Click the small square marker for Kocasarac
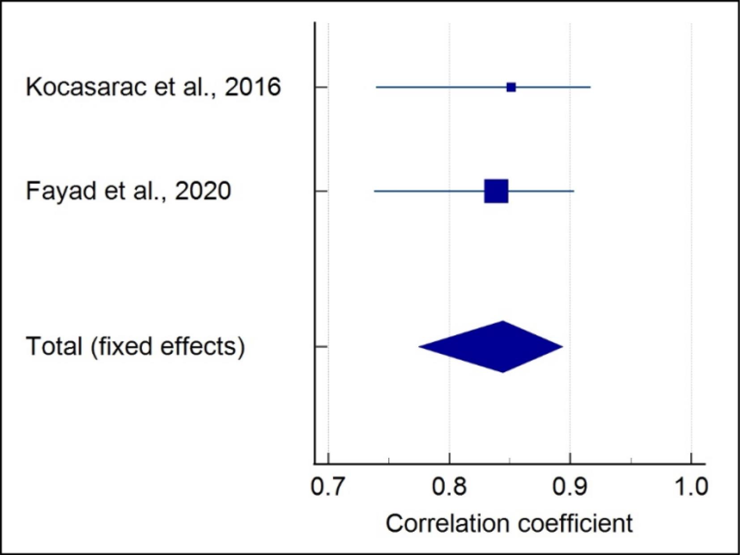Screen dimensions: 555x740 tap(511, 87)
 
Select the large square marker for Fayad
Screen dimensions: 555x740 tap(496, 191)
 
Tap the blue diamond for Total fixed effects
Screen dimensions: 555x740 tap(492, 347)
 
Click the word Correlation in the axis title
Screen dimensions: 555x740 tap(447, 523)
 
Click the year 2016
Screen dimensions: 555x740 tap(253, 87)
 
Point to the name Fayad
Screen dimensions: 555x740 tap(61, 191)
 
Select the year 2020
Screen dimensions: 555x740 tap(203, 191)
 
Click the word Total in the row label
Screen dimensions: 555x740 tap(54, 347)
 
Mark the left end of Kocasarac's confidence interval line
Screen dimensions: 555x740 tap(377, 87)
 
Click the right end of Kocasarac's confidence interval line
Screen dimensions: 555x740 tap(590, 87)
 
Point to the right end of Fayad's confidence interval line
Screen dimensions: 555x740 tap(574, 191)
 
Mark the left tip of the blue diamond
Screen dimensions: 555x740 tap(419, 347)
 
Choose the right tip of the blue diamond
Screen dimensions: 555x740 tap(562, 347)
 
